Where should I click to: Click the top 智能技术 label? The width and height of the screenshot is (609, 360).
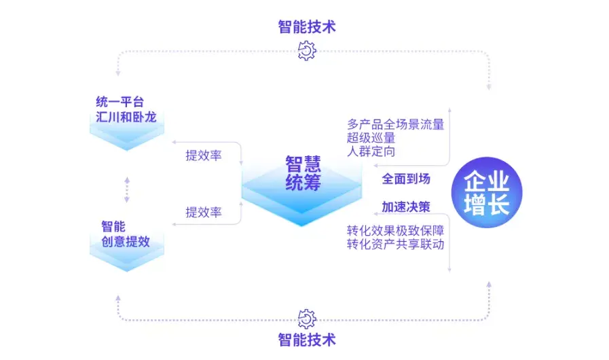tap(307, 26)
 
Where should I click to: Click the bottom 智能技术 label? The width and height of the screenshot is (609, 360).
tap(307, 339)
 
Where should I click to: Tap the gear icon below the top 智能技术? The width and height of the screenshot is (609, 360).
tap(307, 50)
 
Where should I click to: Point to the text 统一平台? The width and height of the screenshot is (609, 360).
tap(120, 103)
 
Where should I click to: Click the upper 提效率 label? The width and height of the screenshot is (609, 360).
tap(204, 156)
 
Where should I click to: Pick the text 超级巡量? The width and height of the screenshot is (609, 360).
tap(371, 138)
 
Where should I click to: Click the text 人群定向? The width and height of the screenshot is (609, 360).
tap(371, 151)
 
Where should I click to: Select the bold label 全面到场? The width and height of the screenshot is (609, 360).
tap(406, 179)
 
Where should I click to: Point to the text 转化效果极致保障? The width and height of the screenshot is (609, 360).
tap(396, 230)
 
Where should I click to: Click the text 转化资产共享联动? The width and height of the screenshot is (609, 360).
tap(396, 244)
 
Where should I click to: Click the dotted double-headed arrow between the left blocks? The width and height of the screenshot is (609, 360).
tap(126, 189)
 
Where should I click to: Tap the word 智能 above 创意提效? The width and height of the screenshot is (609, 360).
tap(113, 227)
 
